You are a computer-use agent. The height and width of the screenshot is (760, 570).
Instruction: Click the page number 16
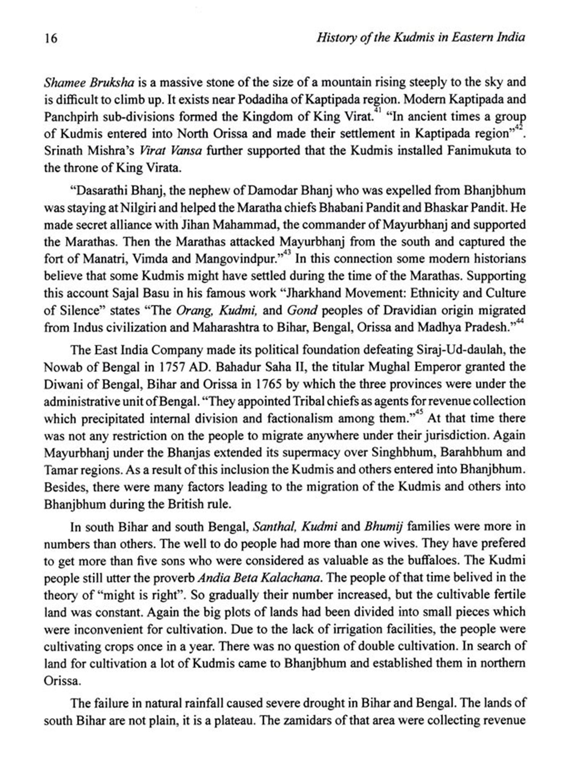(x=51, y=38)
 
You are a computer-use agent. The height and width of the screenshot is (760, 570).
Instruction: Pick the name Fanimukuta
(x=478, y=151)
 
